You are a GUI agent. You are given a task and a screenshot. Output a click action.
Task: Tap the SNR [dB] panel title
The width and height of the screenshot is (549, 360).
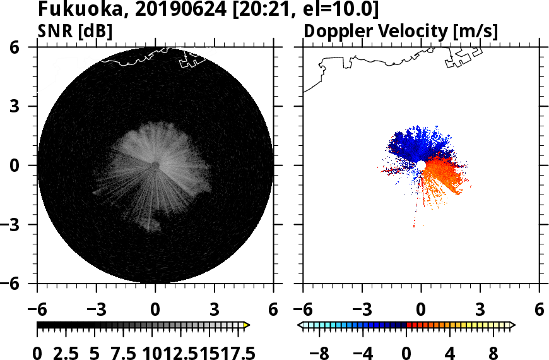pos(75,30)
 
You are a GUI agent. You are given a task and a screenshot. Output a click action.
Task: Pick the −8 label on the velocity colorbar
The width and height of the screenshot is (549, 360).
pos(321,351)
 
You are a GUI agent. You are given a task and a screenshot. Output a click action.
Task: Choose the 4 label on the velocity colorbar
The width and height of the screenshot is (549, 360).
pos(450,351)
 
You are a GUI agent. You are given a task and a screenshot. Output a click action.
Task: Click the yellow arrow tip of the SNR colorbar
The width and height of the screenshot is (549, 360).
pos(247,325)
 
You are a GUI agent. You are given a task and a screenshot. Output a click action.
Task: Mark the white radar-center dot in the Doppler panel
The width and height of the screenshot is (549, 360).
pos(421,165)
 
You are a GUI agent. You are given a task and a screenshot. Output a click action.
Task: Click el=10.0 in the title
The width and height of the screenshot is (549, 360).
pos(343,10)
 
